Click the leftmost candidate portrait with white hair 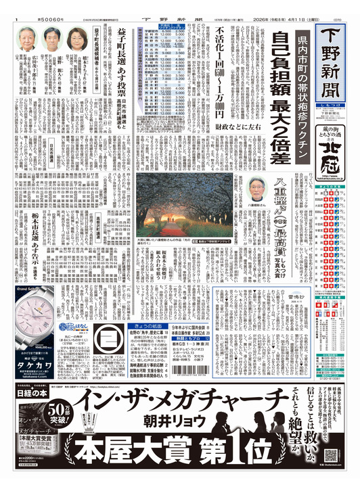27,40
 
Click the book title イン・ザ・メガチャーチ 179,412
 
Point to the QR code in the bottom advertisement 331,456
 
